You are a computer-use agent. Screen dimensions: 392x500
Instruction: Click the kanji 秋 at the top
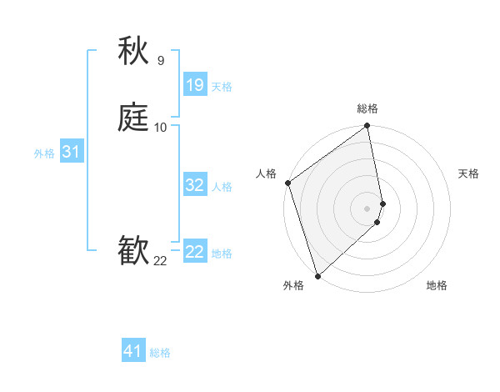coord(134,52)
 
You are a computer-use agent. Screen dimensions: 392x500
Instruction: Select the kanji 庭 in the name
coord(134,118)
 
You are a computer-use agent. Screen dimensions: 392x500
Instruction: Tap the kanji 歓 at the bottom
coord(134,251)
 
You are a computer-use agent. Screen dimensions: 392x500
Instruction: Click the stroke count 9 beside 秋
coord(160,60)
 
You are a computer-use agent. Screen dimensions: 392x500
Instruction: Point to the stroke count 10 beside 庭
coord(160,127)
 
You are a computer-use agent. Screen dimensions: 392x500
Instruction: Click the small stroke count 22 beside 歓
coord(160,261)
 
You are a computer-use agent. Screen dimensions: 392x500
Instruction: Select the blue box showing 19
coord(195,85)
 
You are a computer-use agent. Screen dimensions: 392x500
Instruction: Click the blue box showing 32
coord(195,185)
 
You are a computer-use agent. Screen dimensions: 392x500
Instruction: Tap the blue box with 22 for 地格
coord(195,252)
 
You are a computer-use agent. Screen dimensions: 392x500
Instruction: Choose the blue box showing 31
coord(71,152)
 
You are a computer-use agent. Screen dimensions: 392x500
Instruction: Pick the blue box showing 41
coord(133,351)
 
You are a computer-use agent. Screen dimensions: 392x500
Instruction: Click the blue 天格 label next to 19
coord(222,86)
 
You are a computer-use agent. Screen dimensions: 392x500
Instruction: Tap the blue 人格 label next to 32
coord(222,186)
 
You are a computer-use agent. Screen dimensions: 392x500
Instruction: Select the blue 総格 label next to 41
coord(160,353)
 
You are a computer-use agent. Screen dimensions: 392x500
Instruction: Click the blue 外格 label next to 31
coord(44,153)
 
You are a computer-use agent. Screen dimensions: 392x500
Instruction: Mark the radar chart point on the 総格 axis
coord(367,127)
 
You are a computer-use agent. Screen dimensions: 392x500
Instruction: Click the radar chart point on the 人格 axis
coord(287,183)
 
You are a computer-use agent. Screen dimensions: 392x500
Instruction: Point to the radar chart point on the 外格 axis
coord(317,275)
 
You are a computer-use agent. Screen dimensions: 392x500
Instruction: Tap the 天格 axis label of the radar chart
coord(468,173)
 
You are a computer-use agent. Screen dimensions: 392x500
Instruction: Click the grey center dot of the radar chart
coord(367,208)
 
